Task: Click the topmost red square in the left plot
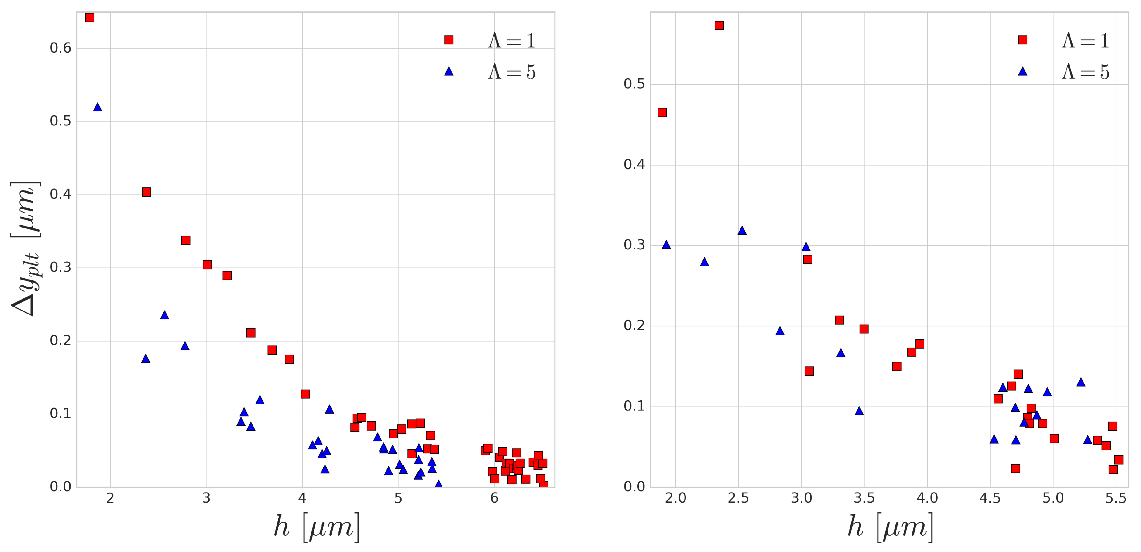point(89,18)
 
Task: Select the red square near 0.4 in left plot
point(146,192)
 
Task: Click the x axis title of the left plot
point(316,527)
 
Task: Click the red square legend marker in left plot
point(449,40)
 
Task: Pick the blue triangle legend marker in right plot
point(1022,71)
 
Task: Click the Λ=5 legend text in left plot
point(512,72)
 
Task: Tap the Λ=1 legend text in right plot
point(1085,40)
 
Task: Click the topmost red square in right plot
point(719,26)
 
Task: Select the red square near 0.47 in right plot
point(662,112)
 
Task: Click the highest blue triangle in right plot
point(742,230)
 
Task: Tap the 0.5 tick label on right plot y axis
point(634,84)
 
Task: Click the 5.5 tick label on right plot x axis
point(1115,498)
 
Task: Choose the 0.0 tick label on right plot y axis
point(634,486)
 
